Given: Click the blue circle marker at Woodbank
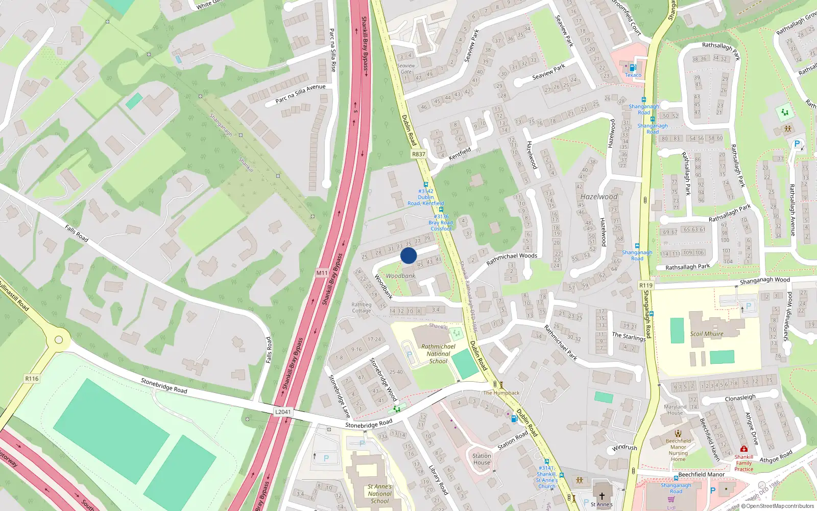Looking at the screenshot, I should click(x=408, y=255).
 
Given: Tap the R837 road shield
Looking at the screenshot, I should click(x=418, y=154).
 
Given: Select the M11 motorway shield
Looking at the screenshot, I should click(x=322, y=273).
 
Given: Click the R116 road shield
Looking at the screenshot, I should click(x=32, y=379).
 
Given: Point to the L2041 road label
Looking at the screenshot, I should click(x=283, y=412).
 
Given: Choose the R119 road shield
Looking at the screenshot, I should click(x=645, y=286).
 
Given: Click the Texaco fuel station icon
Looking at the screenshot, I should click(x=633, y=67).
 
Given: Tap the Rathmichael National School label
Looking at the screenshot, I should click(x=438, y=354).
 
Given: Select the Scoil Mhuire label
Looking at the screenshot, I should click(x=707, y=334).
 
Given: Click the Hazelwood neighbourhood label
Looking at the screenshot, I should click(x=599, y=197).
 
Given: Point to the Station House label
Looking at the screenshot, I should click(x=482, y=459).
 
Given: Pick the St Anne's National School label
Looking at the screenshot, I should click(x=379, y=494).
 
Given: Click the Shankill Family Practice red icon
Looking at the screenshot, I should click(x=743, y=449).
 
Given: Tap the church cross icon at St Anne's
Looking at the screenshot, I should click(x=602, y=496).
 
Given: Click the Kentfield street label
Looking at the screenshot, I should click(x=460, y=153).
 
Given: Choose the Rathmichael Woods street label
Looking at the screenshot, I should click(x=512, y=259).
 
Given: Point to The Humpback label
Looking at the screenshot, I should click(x=501, y=393).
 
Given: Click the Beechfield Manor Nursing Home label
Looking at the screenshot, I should click(x=678, y=450).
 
